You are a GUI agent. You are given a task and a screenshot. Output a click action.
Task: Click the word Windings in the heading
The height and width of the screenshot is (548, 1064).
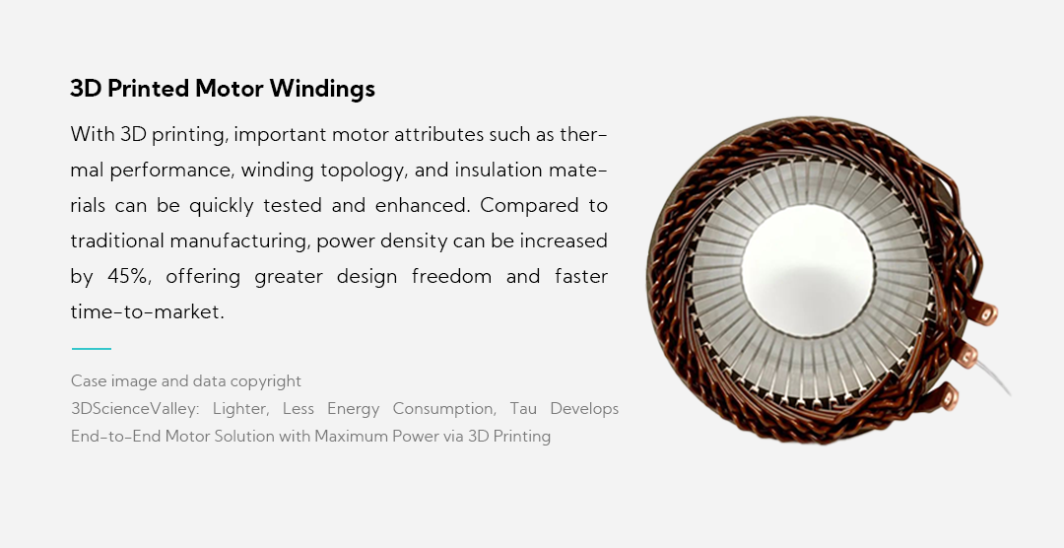pyautogui.click(x=322, y=89)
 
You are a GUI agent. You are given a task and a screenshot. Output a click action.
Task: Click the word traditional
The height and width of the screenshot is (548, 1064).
pyautogui.click(x=117, y=241)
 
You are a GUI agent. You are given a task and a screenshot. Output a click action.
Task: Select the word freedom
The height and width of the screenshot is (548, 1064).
pyautogui.click(x=451, y=277)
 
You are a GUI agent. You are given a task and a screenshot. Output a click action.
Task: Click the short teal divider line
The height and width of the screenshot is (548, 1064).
pyautogui.click(x=91, y=348)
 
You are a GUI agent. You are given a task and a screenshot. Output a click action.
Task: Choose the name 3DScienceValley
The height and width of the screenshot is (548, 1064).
pyautogui.click(x=134, y=409)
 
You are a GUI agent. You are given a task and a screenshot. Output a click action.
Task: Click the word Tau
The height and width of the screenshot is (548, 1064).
pyautogui.click(x=523, y=409)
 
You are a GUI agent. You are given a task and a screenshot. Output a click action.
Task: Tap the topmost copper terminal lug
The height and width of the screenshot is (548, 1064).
pyautogui.click(x=986, y=314)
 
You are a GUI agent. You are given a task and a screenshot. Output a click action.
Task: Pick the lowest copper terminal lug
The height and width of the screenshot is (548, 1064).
pyautogui.click(x=951, y=398)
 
